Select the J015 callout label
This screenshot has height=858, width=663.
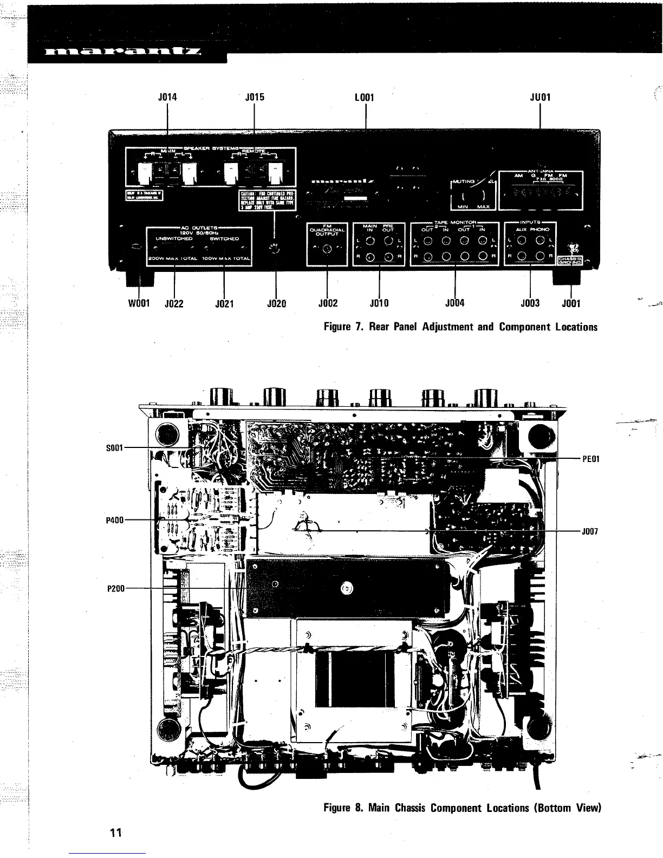[x=254, y=98]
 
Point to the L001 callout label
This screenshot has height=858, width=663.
[x=365, y=98]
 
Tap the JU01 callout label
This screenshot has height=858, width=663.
[x=540, y=98]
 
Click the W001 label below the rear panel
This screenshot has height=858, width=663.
[x=139, y=303]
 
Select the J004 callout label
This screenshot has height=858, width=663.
[x=455, y=303]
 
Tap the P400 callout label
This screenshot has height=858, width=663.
[x=115, y=520]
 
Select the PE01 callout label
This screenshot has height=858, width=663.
[x=590, y=459]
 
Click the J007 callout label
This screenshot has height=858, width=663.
[x=590, y=531]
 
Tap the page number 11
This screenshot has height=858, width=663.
[x=114, y=833]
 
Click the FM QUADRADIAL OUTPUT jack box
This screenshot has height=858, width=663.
[x=327, y=245]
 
